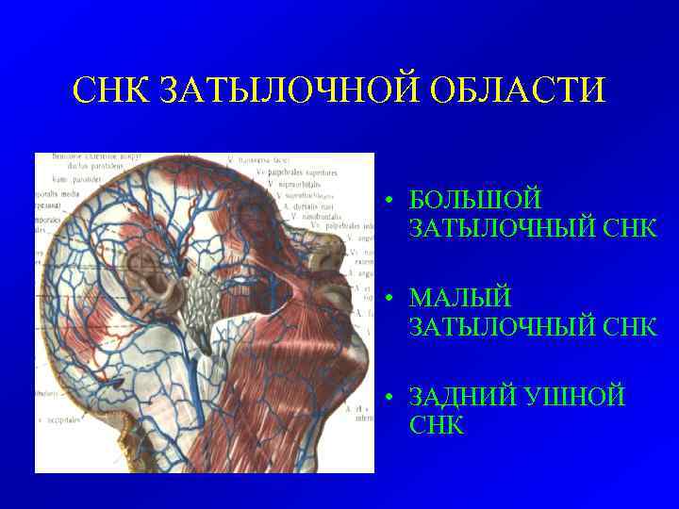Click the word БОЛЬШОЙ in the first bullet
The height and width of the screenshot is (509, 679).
[475, 201]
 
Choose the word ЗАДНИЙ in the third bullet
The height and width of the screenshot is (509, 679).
[464, 397]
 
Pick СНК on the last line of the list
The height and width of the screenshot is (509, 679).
[437, 425]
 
